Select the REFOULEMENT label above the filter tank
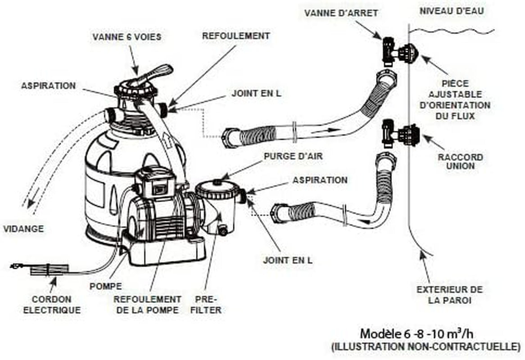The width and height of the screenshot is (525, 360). (x=235, y=36)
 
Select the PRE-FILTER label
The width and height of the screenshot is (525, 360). (x=206, y=305)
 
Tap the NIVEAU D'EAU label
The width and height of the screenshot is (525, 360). (x=452, y=11)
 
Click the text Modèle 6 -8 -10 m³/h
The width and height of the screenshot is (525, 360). (x=416, y=334)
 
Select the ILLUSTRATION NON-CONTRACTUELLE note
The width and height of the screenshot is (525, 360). (x=425, y=346)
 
